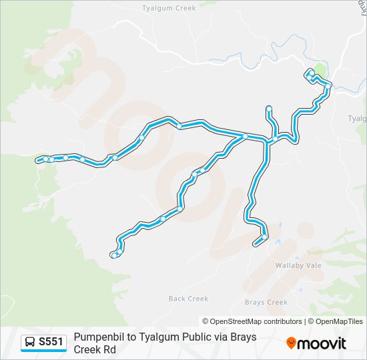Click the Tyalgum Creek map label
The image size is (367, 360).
tap(169, 8)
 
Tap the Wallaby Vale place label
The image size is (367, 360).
tap(298, 265)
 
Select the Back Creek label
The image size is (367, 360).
tap(189, 299)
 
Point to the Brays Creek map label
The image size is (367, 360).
tap(266, 302)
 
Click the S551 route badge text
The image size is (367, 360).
tap(51, 342)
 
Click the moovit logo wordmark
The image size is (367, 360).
tap(322, 343)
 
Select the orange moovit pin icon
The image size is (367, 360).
tap(291, 343)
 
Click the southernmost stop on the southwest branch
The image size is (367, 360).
tap(115, 255)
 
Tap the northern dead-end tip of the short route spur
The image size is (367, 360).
tap(268, 107)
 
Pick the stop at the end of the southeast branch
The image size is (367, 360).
tap(265, 237)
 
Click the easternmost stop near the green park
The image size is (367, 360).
tap(328, 85)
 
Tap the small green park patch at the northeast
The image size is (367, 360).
tap(321, 70)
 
